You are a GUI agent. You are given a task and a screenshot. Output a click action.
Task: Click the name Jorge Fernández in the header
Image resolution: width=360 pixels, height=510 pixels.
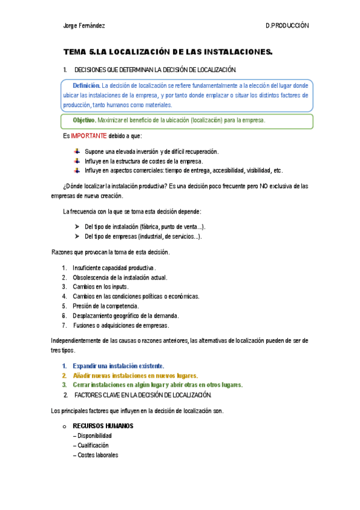pos(84,26)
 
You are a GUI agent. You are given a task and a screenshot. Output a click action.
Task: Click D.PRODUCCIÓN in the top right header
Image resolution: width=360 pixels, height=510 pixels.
pos(287,26)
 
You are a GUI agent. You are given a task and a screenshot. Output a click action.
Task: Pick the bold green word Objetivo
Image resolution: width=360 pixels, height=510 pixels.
pos(84,120)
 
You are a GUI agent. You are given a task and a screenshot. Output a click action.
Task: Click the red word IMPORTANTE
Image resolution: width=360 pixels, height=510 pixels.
pos(89,136)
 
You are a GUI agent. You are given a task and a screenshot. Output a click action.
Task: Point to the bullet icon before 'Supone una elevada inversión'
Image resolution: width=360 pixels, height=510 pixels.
pos(76,152)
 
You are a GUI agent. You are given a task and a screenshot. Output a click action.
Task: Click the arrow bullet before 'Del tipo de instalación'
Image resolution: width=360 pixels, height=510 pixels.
pos(78,227)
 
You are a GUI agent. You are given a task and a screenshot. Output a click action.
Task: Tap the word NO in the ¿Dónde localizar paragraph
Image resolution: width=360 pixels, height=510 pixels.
pos(249,186)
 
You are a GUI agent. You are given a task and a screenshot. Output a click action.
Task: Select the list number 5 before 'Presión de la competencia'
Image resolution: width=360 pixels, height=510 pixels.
pos(64,306)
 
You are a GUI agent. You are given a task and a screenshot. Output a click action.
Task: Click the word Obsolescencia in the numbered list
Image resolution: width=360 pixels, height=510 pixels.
pos(91,277)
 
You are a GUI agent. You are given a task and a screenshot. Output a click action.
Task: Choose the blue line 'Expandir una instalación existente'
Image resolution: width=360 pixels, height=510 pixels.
pos(118,366)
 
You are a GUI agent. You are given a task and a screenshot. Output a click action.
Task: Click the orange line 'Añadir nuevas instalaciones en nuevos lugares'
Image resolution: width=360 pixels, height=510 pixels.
pos(135,375)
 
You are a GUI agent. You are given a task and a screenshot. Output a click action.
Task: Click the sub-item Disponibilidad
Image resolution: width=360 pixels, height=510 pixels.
pos(94,436)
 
